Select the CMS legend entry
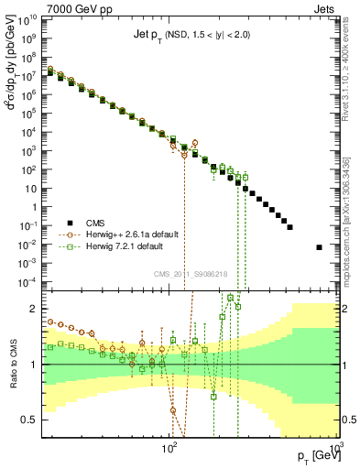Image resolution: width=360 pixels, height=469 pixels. click(x=94, y=222)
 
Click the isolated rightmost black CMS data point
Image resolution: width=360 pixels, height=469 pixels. click(x=319, y=247)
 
